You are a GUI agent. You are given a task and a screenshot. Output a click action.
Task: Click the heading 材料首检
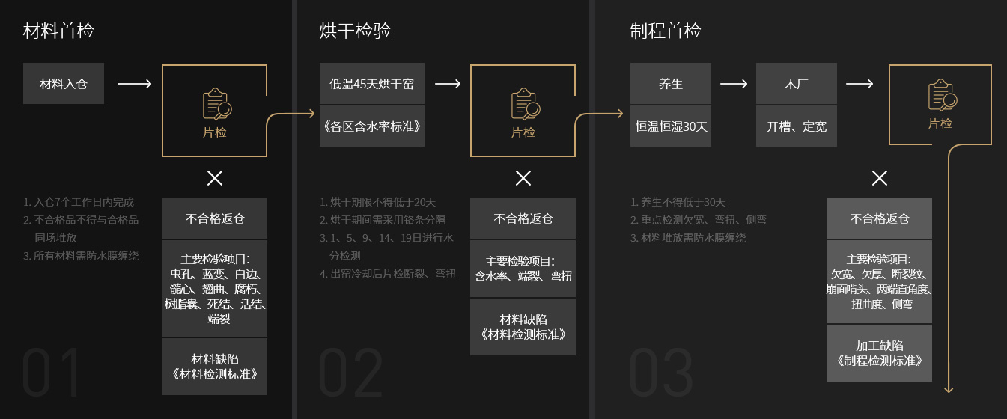coord(58,31)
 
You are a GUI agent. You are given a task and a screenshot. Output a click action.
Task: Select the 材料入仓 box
coord(64,83)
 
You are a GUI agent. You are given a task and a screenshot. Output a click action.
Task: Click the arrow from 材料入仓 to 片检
coord(135,83)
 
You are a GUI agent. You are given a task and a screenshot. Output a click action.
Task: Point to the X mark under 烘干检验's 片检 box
coord(523,178)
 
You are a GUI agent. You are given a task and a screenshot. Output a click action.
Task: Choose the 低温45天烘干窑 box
coord(372,83)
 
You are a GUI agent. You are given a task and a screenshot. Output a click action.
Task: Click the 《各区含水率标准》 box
coord(372,126)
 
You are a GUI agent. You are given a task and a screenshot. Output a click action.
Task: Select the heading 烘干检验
coord(355,31)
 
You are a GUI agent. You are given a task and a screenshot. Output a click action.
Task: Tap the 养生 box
coord(671,83)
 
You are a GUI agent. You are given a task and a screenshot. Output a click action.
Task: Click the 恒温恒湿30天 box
coord(671,126)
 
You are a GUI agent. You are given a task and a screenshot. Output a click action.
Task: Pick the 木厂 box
coord(797,83)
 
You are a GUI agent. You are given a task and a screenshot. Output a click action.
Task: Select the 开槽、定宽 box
coord(797,126)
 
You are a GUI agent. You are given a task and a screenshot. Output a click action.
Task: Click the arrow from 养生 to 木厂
coord(734,83)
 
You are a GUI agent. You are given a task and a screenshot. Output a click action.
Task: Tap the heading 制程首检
coord(666,31)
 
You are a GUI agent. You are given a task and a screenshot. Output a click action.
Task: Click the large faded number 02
coord(350,372)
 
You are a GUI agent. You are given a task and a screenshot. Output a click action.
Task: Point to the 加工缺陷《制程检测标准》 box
coord(879,353)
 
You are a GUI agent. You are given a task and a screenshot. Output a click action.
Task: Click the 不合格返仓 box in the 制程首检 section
coord(879,218)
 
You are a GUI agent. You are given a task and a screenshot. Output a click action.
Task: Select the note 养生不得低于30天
coord(678,202)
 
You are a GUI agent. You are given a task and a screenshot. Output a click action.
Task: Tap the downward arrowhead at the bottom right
coord(949,388)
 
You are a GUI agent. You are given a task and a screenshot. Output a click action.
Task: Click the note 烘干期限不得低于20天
coord(377,202)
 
